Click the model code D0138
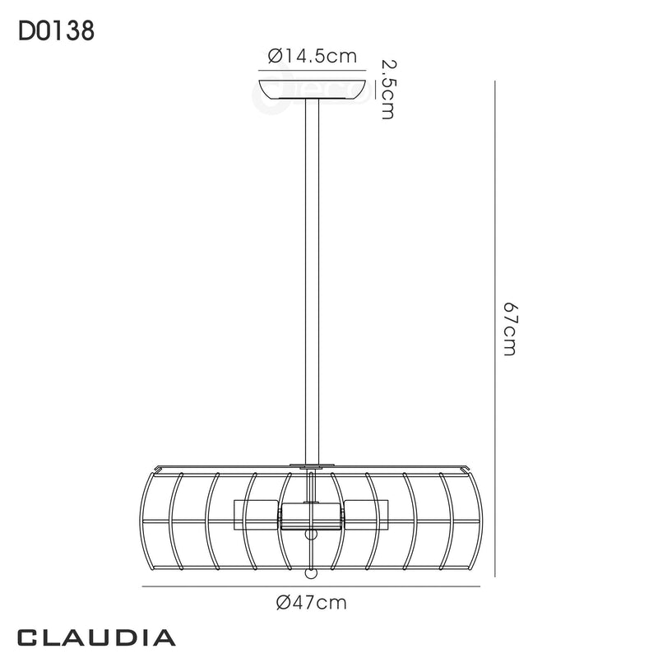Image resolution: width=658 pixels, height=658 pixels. pos(55,32)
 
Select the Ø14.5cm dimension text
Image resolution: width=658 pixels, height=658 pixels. pos(313,57)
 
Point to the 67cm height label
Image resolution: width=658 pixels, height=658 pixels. pos(509,329)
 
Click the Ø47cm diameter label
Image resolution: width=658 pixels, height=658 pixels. pos(313,603)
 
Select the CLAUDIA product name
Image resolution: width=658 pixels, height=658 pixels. pos(96,637)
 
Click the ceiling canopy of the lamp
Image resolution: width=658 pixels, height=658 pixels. pos(312,88)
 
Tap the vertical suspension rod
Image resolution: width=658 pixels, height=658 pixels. pos(312,280)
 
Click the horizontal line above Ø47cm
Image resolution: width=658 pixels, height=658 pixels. pos(312,586)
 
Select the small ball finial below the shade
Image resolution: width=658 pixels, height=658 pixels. pos(312,573)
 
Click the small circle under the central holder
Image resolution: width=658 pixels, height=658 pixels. pos(311,535)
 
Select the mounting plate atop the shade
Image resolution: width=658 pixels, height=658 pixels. pos(312,467)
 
